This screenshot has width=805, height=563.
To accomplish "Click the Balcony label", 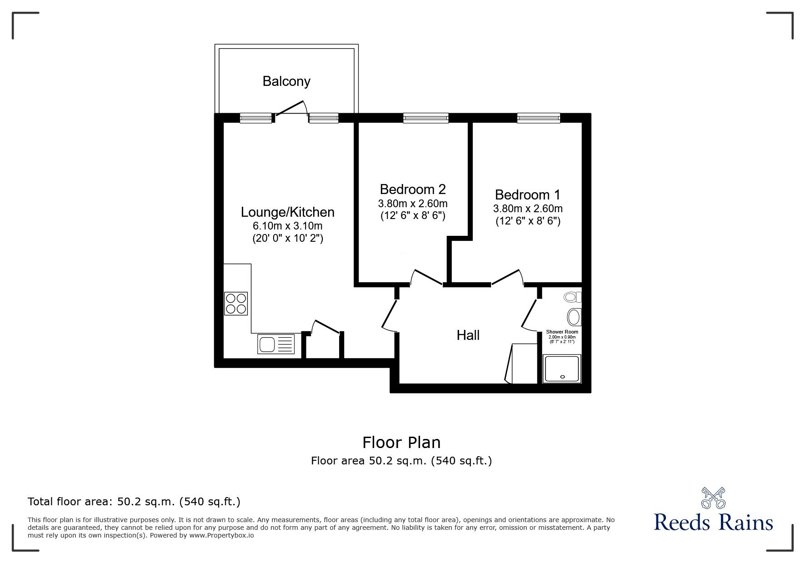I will [x=286, y=81].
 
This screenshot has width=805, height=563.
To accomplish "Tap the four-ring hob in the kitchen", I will [x=236, y=304].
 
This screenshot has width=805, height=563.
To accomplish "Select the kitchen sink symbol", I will [x=276, y=344].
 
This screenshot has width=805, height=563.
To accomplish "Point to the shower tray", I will [x=563, y=369].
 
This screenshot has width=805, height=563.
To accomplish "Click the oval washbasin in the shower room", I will [x=574, y=317].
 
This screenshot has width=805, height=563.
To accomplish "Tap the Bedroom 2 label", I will [x=412, y=189].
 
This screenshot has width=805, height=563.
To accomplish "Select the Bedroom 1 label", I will [x=527, y=195].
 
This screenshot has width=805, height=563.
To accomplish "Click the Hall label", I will [x=468, y=335].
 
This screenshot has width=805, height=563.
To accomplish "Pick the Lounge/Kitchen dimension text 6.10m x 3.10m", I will [x=287, y=226].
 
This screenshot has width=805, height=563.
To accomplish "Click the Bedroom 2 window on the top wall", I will [x=425, y=118].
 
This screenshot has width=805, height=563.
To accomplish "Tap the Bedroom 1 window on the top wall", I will [x=538, y=118].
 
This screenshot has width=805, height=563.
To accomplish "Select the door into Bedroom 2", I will [x=426, y=277].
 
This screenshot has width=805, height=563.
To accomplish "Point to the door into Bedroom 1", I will [x=506, y=277].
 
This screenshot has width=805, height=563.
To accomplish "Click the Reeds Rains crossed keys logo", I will [x=713, y=498].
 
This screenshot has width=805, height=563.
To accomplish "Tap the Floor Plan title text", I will [x=401, y=442].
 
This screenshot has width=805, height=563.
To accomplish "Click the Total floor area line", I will [x=134, y=502].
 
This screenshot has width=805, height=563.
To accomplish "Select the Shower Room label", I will [x=562, y=332].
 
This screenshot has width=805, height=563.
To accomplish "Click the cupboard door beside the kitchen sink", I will [x=326, y=327].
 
